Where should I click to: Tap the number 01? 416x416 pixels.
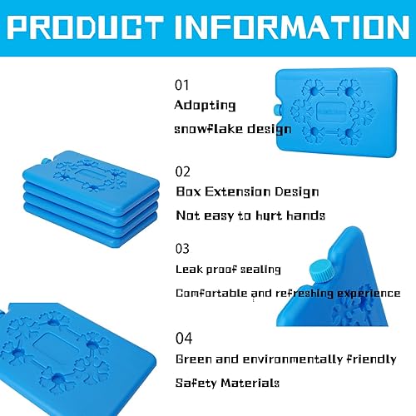[182, 85]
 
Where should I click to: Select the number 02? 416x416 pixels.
[183, 171]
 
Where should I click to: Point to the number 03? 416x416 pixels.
[183, 248]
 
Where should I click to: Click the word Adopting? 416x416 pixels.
[205, 106]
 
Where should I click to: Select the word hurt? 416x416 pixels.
[273, 215]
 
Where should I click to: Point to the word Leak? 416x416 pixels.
[187, 270]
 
